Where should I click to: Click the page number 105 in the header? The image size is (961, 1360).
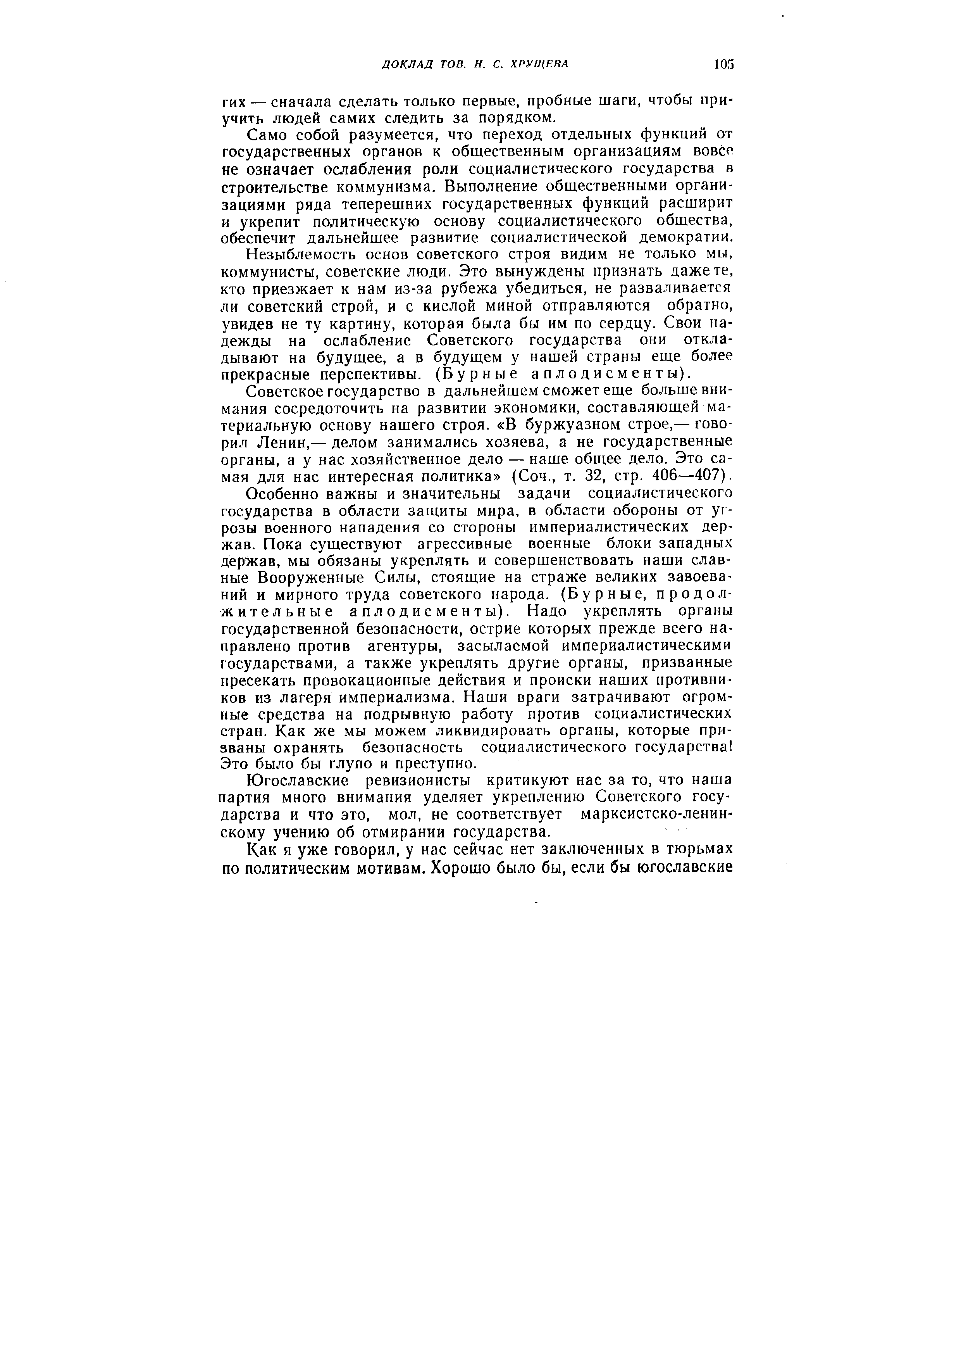coord(723,63)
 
